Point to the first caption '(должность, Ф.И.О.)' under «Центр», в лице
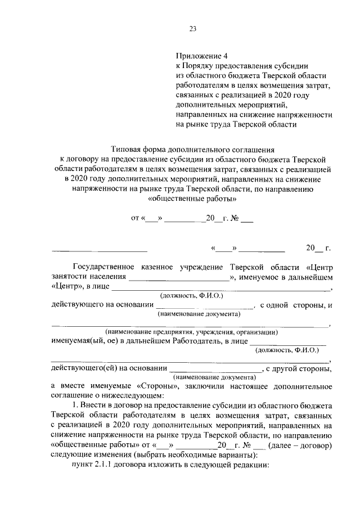click(192, 295)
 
